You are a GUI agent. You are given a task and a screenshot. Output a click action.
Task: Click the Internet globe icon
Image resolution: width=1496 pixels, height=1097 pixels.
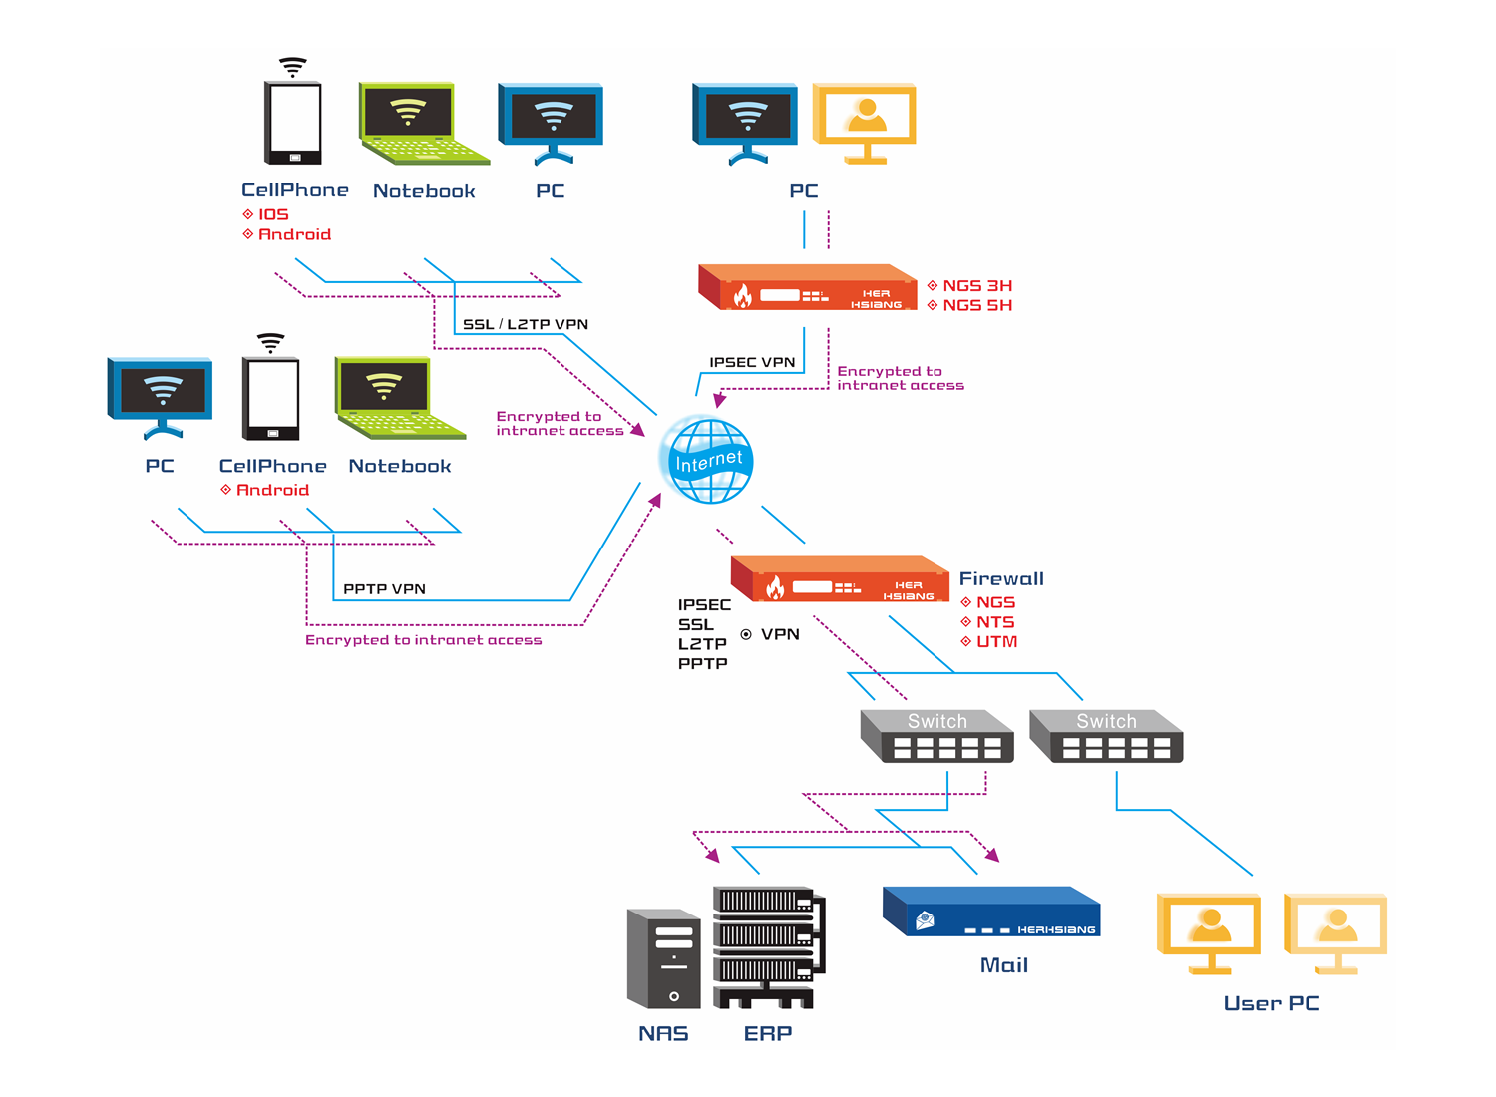[707, 461]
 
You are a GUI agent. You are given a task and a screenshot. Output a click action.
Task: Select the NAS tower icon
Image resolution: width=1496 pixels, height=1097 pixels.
[663, 958]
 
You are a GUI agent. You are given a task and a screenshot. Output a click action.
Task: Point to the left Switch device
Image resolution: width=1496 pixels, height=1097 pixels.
[936, 737]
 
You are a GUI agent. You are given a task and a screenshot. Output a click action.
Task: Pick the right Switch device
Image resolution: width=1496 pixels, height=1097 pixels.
[1106, 737]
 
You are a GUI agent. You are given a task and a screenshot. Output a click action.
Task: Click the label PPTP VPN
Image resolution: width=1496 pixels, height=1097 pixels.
[384, 589]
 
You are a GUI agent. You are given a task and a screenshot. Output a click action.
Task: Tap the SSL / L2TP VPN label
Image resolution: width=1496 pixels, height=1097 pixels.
[526, 324]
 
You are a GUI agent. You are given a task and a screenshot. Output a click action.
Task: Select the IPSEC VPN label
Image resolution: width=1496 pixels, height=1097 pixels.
[752, 362]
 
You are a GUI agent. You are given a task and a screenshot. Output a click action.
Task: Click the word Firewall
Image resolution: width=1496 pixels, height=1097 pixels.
[1001, 578]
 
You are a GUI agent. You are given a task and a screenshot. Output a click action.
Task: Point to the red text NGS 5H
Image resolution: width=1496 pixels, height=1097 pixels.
[977, 305]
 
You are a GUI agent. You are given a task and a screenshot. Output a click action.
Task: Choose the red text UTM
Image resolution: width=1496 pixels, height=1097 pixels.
[996, 641]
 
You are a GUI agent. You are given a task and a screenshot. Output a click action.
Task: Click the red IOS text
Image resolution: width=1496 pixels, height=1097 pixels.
[273, 214]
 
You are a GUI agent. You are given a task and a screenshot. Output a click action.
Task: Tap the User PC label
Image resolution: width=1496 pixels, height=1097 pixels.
[1271, 1003]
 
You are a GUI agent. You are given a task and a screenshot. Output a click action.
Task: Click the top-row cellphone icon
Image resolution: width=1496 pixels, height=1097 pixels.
[293, 123]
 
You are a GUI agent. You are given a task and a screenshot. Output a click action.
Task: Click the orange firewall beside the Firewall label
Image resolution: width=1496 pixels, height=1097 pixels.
[840, 579]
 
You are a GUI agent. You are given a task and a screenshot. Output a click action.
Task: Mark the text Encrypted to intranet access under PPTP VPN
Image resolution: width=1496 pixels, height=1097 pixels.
[423, 640]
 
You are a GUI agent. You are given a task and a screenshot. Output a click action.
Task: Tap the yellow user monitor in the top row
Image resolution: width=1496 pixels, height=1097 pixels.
[865, 122]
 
